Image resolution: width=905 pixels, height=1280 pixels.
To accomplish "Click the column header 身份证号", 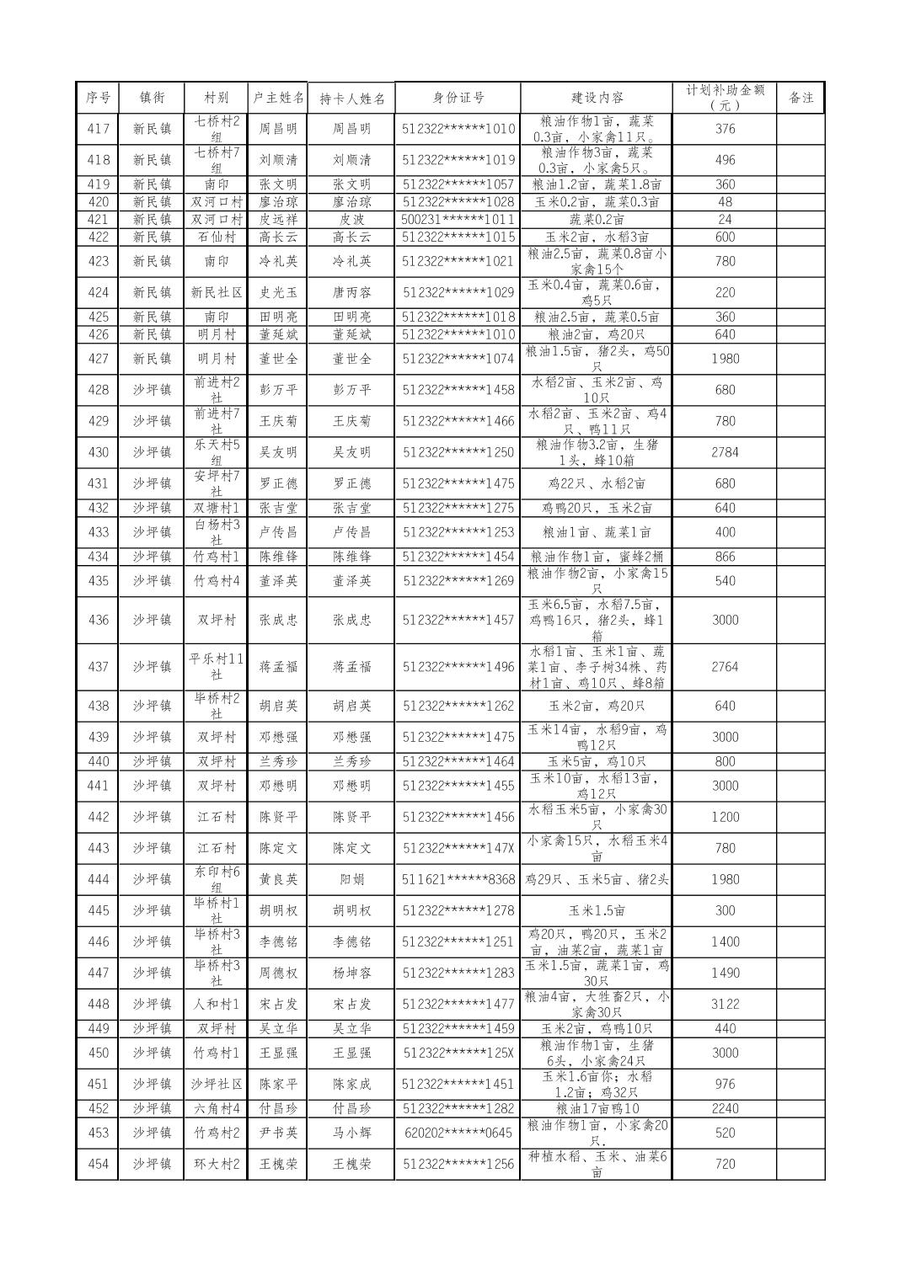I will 458,98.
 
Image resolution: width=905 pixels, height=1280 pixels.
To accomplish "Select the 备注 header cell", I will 801,98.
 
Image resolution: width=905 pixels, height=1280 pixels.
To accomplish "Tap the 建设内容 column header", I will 597,98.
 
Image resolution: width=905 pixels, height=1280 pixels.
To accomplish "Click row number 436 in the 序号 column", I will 98,620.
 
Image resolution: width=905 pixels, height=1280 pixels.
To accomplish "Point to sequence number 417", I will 98,129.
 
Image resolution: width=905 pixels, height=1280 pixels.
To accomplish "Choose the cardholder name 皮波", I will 351,220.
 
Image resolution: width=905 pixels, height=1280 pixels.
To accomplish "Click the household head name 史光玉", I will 277,292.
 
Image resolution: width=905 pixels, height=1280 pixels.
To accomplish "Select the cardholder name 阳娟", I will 351,879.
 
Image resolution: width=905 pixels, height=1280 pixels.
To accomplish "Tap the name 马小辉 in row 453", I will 351,1133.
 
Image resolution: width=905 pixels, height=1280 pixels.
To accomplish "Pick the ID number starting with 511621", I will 458,879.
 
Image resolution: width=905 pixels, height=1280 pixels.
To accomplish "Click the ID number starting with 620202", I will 458,1133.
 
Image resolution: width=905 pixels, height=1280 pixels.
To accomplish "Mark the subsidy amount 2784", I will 725,452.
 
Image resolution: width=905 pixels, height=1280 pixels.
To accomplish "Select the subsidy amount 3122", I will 725,1004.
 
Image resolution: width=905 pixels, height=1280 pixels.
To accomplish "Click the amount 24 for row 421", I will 725,220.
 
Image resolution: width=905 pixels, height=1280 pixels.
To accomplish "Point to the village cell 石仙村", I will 216,237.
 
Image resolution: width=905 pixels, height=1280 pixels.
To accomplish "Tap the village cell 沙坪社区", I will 216,1084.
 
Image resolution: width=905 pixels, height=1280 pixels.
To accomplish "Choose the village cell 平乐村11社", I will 216,666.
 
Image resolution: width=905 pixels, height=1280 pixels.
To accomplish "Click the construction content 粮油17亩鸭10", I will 597,1108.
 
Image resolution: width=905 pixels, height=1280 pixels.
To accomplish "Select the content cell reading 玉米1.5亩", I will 597,910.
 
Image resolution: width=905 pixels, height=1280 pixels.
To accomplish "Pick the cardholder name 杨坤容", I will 351,973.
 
